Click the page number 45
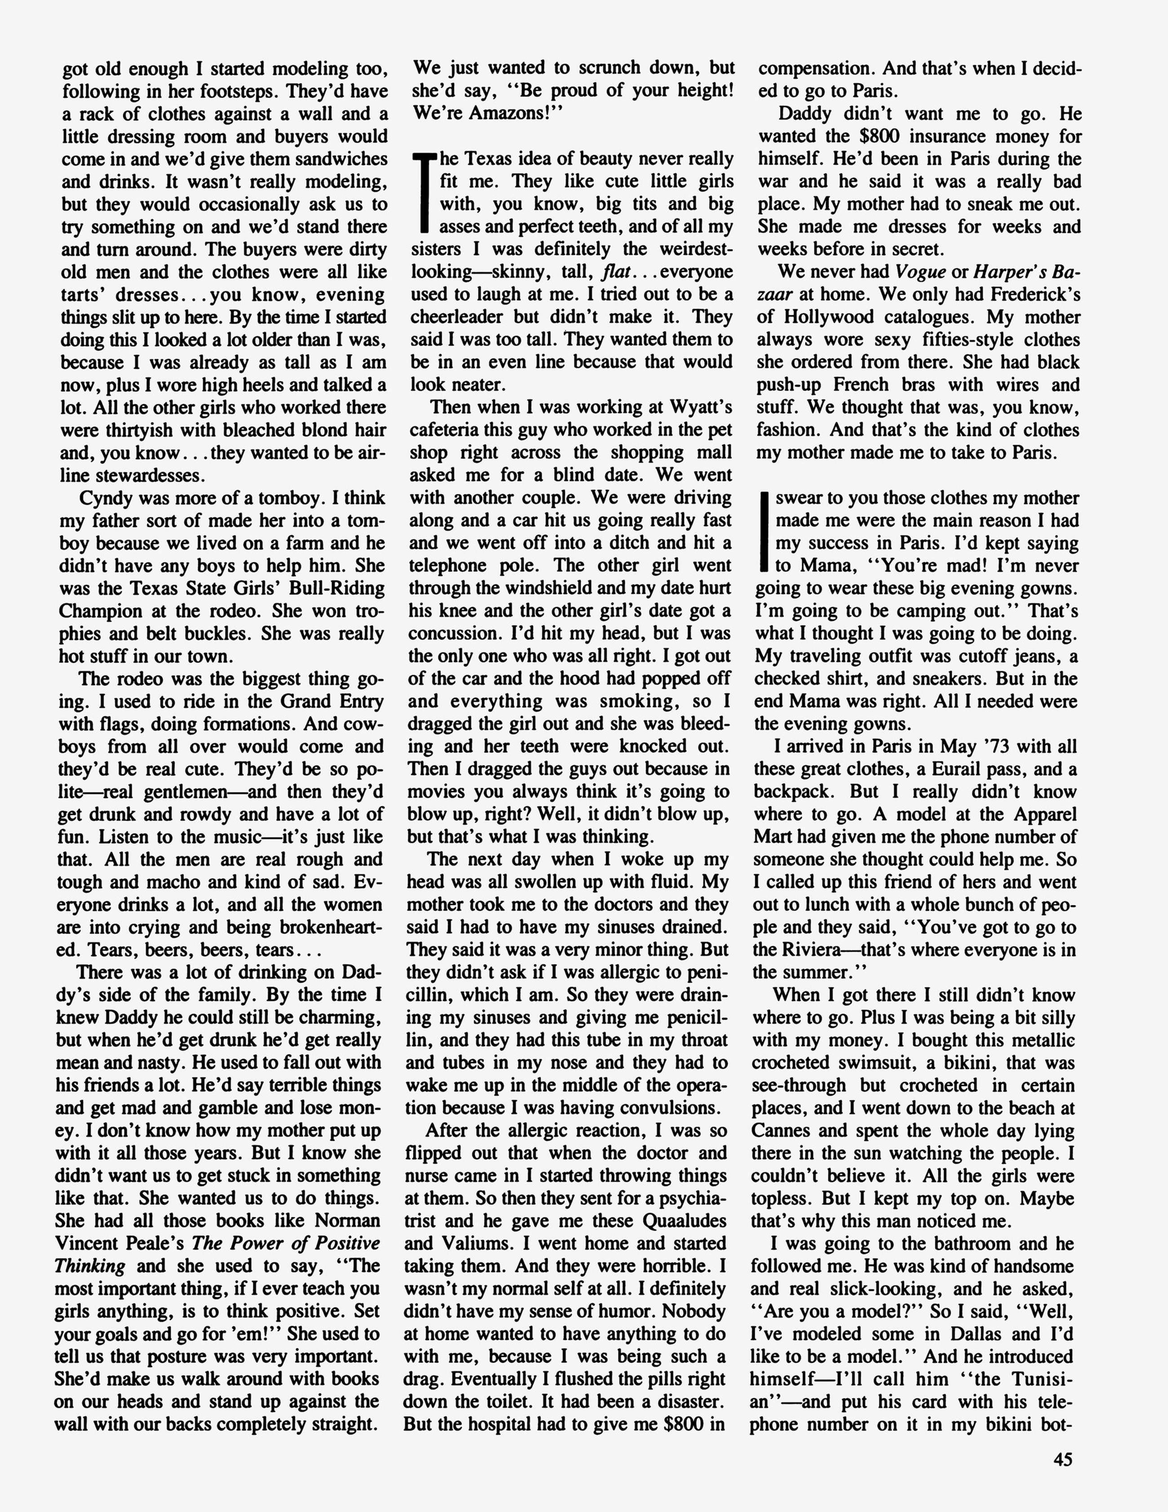1063,1458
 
